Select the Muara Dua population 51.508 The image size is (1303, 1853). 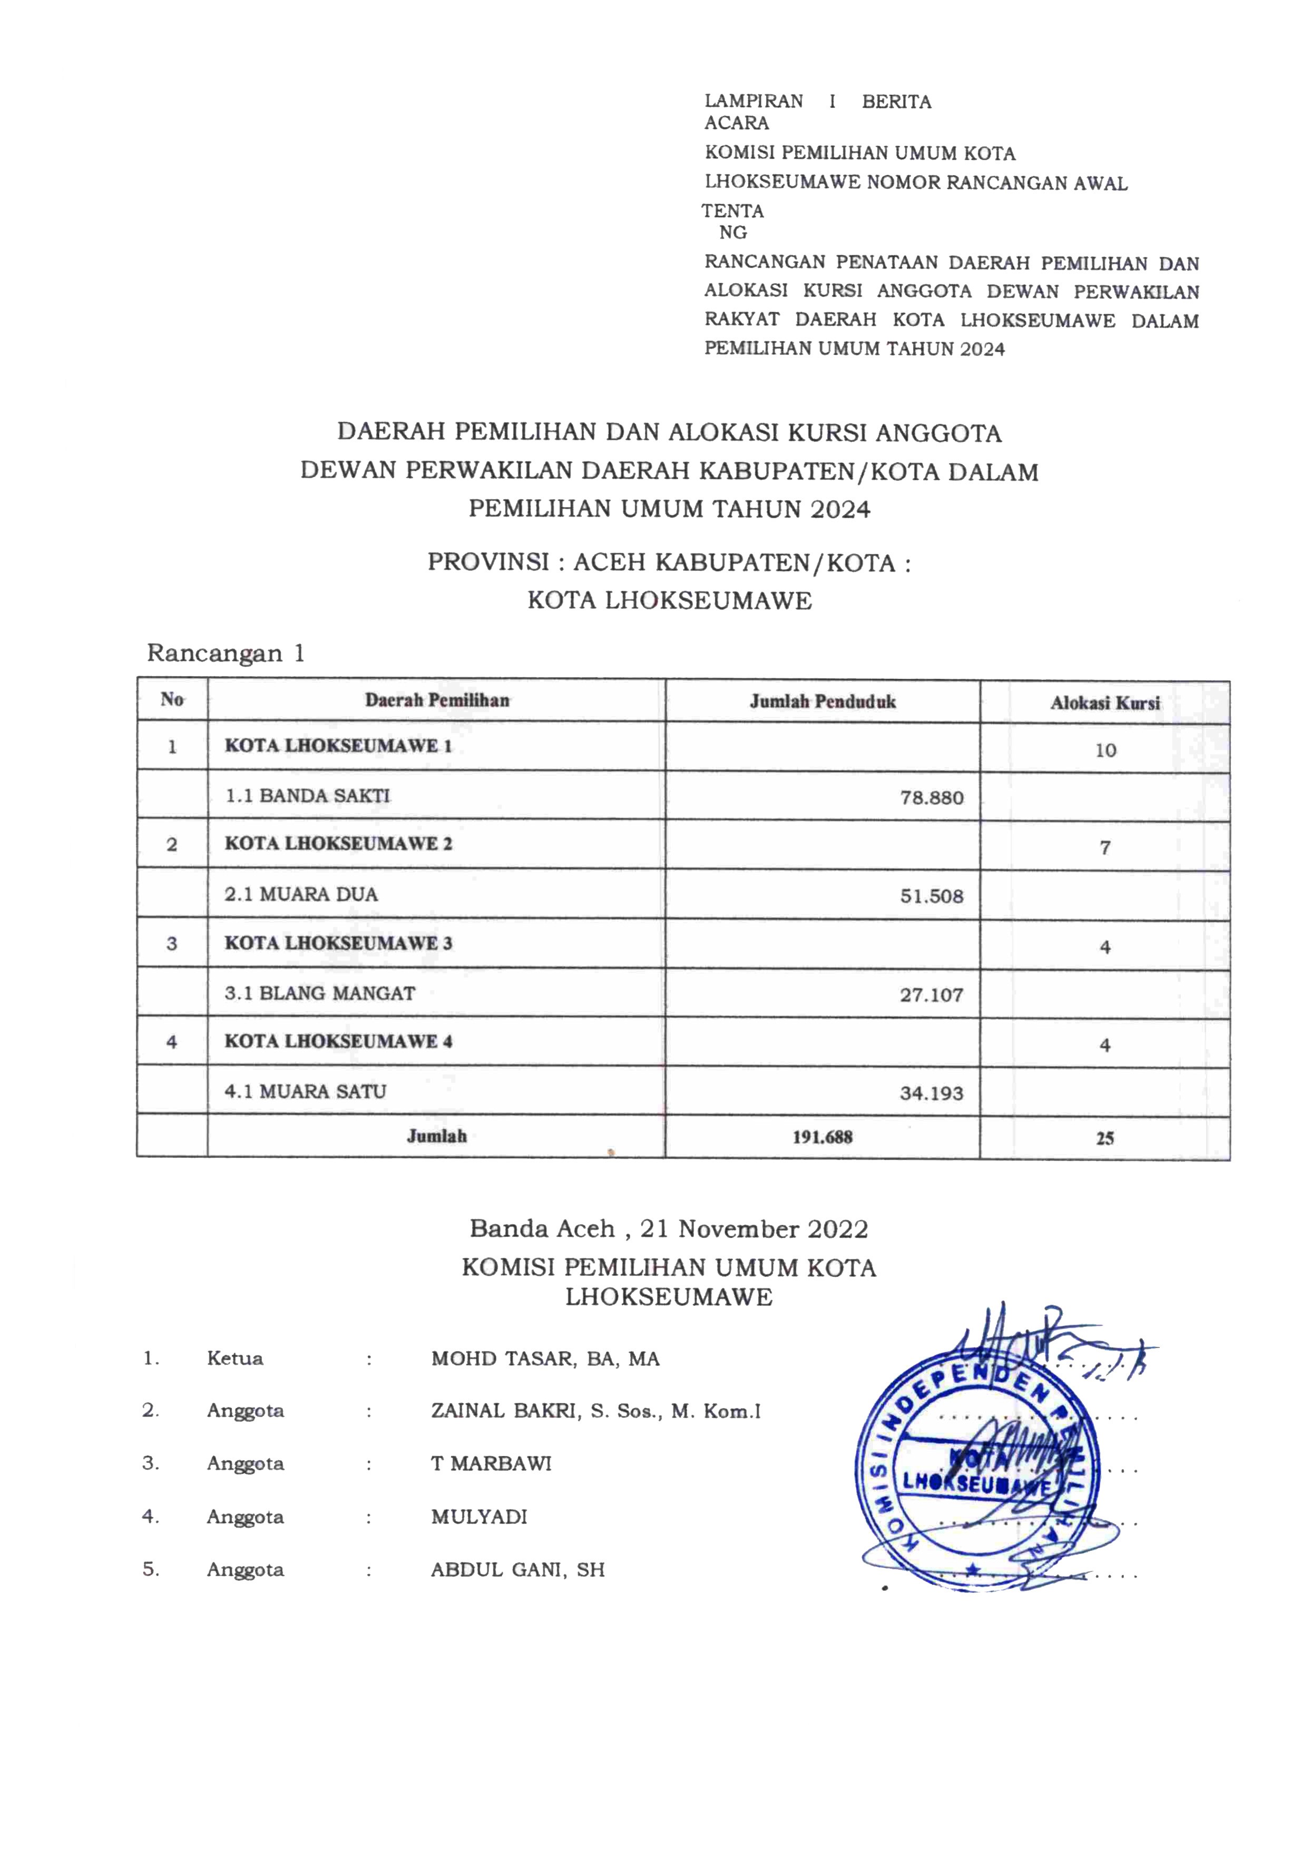pos(932,896)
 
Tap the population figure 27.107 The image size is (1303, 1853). pos(932,994)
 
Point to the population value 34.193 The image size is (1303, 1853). pos(932,1093)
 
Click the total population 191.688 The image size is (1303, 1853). pos(822,1137)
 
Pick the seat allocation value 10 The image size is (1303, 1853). pos(1105,750)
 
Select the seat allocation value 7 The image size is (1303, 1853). pos(1105,847)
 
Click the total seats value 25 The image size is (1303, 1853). pos(1105,1138)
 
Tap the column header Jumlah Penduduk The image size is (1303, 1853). pos(822,701)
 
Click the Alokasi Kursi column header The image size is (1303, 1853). pos(1105,703)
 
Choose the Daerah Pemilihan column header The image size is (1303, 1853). pos(437,700)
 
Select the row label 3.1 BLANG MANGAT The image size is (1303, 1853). pos(320,993)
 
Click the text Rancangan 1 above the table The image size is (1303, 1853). pos(226,653)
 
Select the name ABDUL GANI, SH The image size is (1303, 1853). pos(517,1570)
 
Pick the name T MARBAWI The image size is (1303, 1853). pos(491,1463)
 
